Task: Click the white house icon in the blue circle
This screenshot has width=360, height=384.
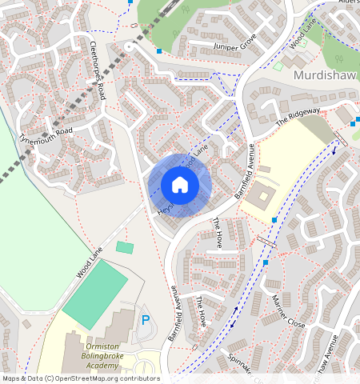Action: pos(180,186)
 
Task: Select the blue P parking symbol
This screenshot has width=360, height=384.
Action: pos(146,320)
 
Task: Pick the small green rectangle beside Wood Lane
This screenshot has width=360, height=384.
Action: pos(124,247)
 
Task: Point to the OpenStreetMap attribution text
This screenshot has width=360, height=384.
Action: pos(80,378)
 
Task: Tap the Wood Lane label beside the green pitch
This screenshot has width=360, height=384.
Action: pos(90,263)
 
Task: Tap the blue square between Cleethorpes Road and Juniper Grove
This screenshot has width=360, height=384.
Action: pos(160,51)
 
